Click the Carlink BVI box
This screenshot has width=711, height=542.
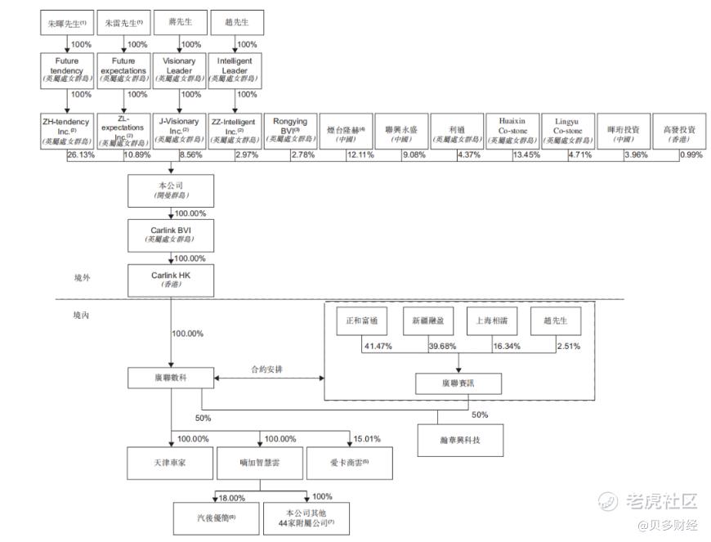(x=170, y=235)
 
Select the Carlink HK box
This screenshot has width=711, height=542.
(x=170, y=280)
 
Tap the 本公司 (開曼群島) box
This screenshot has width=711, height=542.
(x=170, y=190)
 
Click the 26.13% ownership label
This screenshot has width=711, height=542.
(x=80, y=155)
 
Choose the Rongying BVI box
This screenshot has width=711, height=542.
(x=290, y=131)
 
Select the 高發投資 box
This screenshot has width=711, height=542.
(x=679, y=131)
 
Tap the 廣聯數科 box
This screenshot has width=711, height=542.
(x=170, y=377)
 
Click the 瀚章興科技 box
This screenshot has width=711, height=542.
(x=460, y=440)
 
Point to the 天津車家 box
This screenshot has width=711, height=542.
(x=170, y=463)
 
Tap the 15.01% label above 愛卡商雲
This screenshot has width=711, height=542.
(x=366, y=438)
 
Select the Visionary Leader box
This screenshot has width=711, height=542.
(x=180, y=71)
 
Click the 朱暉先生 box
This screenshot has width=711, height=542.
(x=67, y=24)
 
